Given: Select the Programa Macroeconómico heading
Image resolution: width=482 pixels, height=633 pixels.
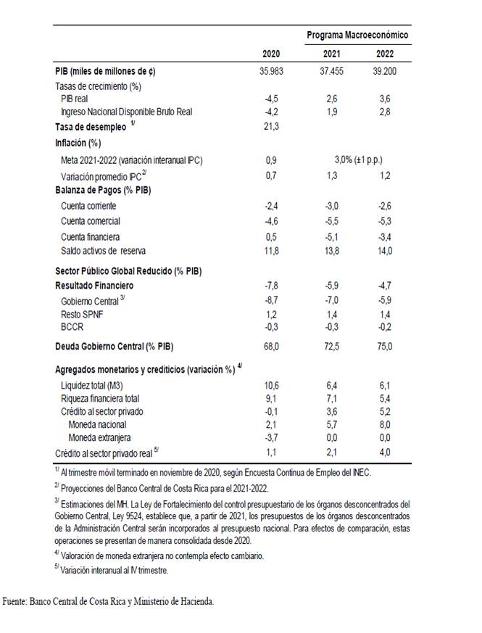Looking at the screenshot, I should click(x=357, y=35).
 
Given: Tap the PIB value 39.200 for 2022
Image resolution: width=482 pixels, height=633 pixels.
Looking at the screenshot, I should click(x=384, y=72).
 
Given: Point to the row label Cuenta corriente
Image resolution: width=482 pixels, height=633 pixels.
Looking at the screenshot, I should click(x=89, y=207).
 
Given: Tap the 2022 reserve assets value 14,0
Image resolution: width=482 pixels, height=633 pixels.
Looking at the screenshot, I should click(x=384, y=251).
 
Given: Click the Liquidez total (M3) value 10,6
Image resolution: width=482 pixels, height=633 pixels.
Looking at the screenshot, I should click(x=272, y=384).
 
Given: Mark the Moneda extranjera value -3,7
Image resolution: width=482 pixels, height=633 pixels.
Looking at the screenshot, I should click(x=273, y=437).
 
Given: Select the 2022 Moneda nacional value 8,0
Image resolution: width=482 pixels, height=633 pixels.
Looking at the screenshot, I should click(x=385, y=424).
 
